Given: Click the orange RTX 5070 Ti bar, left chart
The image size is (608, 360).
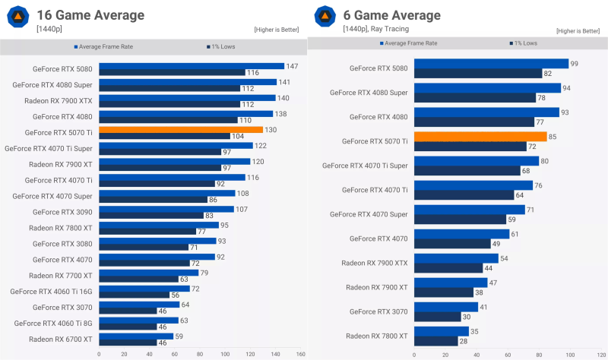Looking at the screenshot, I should point(181,130).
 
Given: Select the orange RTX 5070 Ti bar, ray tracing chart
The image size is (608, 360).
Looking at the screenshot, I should point(480,137).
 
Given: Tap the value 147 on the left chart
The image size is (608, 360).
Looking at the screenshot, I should point(291,66).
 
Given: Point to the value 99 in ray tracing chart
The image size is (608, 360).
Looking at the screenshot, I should point(574,64).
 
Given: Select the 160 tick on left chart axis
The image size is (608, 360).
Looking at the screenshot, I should point(301,354).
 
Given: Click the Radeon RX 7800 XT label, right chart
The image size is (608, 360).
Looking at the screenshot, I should point(376,335).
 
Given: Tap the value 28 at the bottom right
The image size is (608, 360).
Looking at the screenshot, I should point(464,340).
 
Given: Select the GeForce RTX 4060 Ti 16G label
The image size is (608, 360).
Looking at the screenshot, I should point(52,291).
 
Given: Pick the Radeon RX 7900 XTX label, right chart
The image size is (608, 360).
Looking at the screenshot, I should point(375,262).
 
